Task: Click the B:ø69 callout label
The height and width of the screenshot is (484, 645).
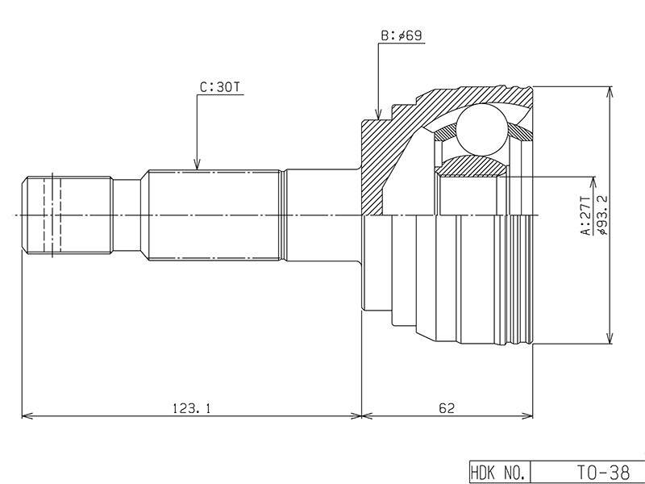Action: tap(401, 35)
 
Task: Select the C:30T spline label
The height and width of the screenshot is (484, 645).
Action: tap(220, 87)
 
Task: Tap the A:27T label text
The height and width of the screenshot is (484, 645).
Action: tap(585, 215)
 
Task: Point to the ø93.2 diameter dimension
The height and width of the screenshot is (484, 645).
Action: tap(602, 215)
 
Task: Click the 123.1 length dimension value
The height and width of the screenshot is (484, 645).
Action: tap(191, 408)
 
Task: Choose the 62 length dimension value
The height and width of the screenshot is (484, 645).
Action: tap(447, 408)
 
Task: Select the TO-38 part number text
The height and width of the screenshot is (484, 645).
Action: tap(603, 472)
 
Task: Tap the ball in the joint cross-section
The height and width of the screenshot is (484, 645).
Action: tap(481, 129)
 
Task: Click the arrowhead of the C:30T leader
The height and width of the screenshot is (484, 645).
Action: tap(197, 165)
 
